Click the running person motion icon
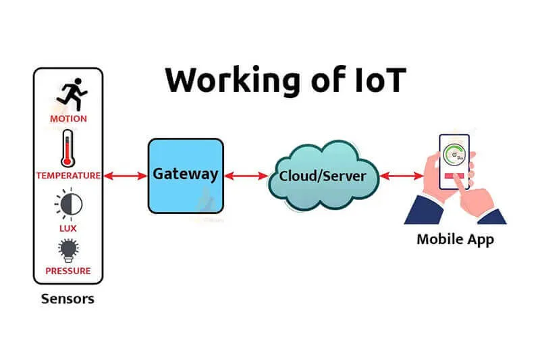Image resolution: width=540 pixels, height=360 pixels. coord(70,95)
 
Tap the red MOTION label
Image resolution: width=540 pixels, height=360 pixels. coord(68,119)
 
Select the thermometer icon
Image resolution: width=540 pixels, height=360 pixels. coord(68,149)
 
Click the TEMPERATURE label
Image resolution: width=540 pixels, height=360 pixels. coord(68,176)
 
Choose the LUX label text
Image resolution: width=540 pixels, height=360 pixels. coord(68,228)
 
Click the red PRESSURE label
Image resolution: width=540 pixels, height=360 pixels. coord(68,272)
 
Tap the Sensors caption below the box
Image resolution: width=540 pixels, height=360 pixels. coord(67,299)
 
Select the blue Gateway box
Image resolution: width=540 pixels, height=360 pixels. coord(186,175)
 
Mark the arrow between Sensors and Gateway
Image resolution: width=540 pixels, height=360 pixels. coord(125,176)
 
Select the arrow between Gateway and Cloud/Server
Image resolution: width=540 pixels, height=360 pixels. coord(246,176)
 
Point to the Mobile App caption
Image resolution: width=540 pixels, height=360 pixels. coord(455,239)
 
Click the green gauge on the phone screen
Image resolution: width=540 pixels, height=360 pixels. coord(456,154)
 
